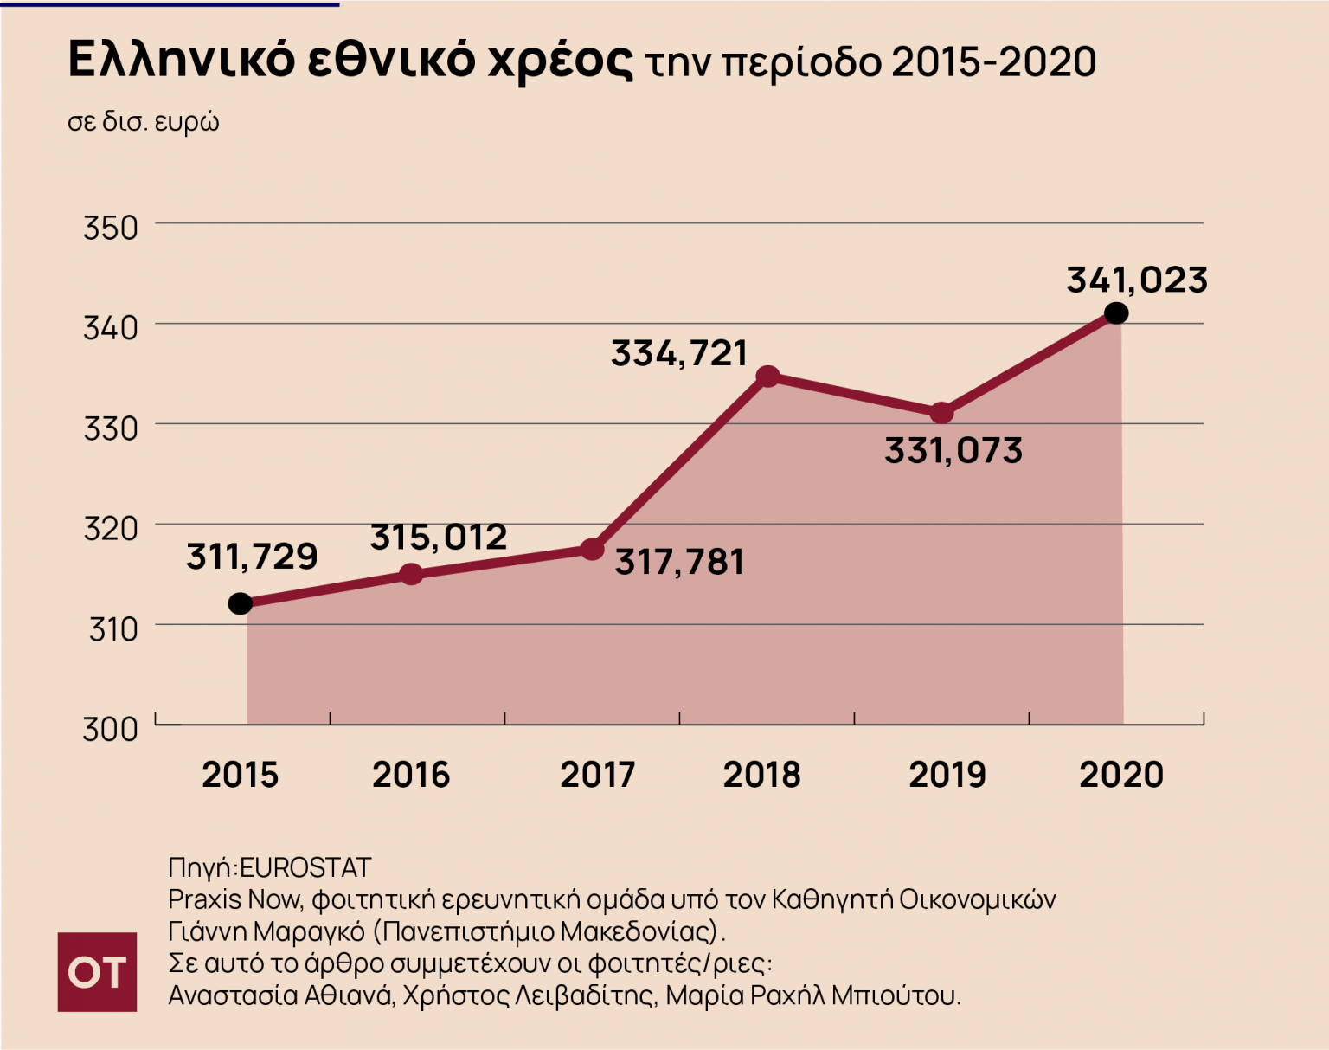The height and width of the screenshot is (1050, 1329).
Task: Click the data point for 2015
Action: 241,603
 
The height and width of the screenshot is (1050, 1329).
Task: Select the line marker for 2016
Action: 412,574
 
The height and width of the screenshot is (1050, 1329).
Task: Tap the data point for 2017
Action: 592,549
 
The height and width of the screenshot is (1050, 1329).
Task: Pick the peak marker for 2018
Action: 767,376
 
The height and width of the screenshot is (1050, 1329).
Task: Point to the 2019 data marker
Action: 942,413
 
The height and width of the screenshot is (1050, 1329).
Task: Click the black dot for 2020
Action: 1116,312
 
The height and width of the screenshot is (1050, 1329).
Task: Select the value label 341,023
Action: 1136,280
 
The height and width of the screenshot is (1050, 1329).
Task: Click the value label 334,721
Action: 679,353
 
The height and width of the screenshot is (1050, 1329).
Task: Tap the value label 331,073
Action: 953,451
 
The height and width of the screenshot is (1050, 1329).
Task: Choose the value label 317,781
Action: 679,563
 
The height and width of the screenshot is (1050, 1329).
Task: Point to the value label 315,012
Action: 439,538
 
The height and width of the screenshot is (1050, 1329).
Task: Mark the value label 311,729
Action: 252,557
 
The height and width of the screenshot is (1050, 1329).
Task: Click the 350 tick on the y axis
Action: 111,229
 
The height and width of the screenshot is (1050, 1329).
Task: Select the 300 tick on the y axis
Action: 111,729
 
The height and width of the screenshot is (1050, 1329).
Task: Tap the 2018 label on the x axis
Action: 761,775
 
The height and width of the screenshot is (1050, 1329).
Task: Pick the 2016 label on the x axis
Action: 411,775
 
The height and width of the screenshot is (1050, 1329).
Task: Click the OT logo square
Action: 97,972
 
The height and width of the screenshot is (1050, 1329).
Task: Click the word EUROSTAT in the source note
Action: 305,867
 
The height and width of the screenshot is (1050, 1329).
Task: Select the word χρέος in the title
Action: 560,61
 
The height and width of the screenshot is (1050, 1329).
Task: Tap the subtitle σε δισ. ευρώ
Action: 144,122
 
